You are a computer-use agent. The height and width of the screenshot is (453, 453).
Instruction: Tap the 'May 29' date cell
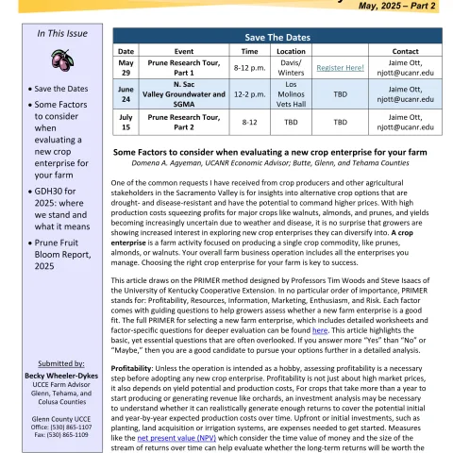point(125,67)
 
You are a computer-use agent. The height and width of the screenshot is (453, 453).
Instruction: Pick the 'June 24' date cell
point(125,94)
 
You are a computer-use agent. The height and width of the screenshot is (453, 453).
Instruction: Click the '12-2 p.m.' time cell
point(250,94)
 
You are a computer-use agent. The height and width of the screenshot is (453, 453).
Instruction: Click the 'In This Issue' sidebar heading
point(62,33)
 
